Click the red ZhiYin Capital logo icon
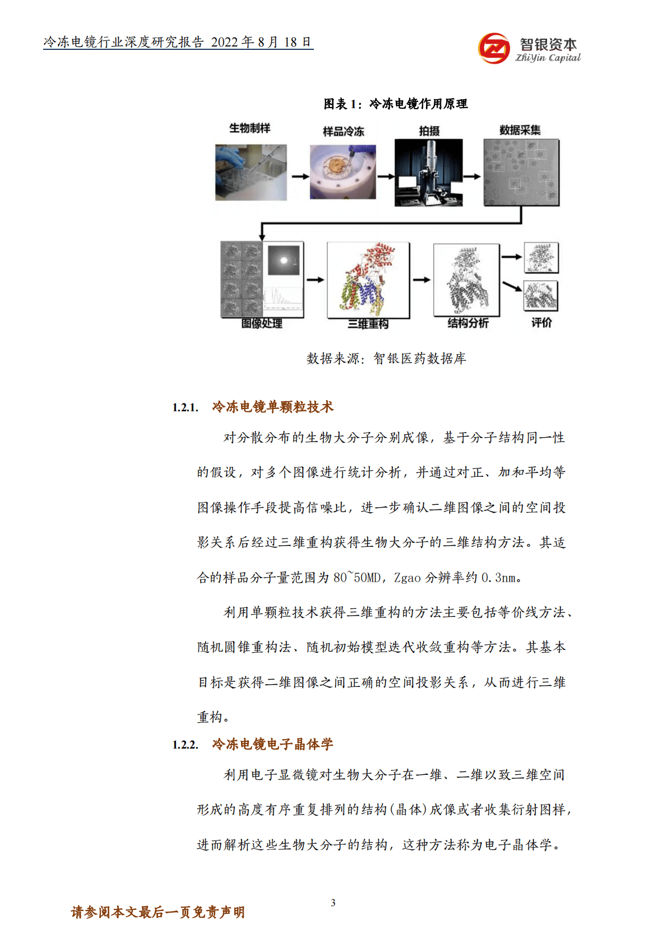pos(494,48)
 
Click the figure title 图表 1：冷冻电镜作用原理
pos(395,104)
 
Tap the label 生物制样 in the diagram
pos(250,128)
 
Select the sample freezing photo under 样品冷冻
pos(342,172)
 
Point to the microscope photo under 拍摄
pos(429,173)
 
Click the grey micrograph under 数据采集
pos(521,173)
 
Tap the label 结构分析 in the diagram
pos(468,323)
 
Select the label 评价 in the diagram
pos(541,323)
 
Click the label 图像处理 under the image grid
pos(262,323)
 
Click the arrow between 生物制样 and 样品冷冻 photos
pos(300,176)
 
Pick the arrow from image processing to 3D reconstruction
pos(315,280)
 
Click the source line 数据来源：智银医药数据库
pos(386,359)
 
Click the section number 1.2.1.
pos(185,407)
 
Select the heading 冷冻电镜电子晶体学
pos(272,744)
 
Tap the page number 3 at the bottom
pos(333,903)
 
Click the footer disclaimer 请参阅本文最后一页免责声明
pos(158,912)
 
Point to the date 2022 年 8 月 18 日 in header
pos(261,43)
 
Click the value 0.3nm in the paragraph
pos(500,578)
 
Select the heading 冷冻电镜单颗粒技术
pos(272,407)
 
